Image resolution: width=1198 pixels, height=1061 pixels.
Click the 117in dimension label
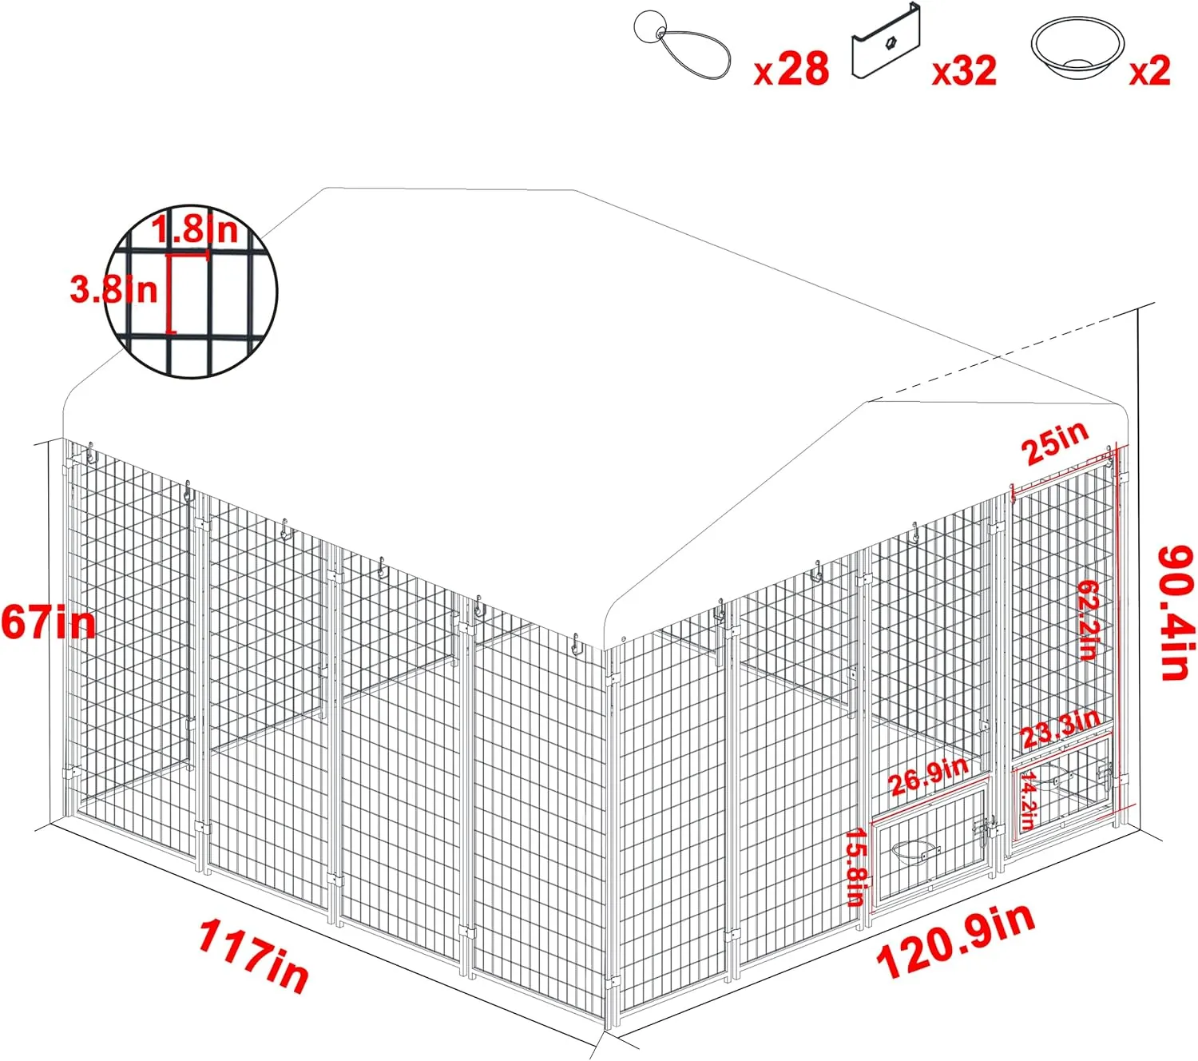coord(254,956)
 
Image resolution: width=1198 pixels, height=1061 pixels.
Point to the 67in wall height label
coord(48,622)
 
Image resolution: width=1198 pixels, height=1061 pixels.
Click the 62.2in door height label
coord(1087,618)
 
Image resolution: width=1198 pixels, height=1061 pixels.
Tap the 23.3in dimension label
coord(1061,729)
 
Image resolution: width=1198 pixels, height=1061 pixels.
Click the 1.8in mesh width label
coord(195,228)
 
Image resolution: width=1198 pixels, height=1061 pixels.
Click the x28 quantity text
coord(791,69)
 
